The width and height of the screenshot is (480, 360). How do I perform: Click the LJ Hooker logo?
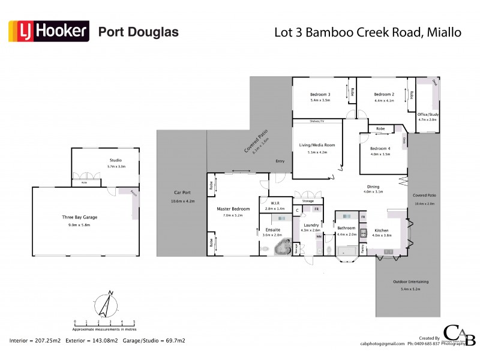[x=49, y=31]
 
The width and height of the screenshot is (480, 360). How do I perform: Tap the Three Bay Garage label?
[x=80, y=217]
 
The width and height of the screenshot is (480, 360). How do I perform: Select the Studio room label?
[x=116, y=160]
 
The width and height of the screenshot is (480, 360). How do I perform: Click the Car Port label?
[x=182, y=193]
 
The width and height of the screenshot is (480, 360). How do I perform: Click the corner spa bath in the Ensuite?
[x=280, y=248]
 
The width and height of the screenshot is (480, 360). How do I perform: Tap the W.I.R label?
[x=277, y=203]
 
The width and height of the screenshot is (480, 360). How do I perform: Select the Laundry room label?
[x=310, y=225]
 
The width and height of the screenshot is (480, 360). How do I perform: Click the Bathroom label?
[x=346, y=228]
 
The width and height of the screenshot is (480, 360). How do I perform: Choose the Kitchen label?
[x=382, y=230]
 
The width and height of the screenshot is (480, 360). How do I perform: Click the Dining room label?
[x=373, y=186]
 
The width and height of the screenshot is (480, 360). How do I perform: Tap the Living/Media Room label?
[x=317, y=145]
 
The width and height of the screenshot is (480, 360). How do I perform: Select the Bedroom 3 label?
[x=320, y=94]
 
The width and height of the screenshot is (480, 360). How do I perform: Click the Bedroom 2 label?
[x=384, y=94]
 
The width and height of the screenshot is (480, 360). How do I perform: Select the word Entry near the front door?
[x=280, y=161]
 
